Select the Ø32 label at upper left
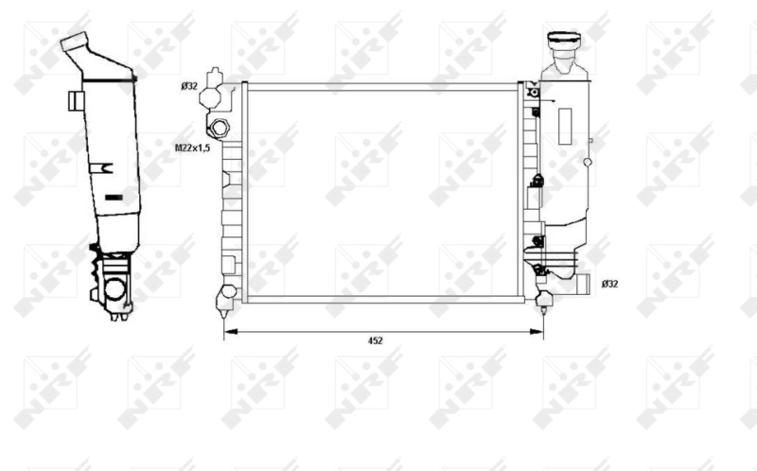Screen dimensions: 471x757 (x=189, y=87)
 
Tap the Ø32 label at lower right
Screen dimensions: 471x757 (x=610, y=283)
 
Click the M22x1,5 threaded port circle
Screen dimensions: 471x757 (x=220, y=128)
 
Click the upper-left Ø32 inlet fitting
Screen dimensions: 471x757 (x=217, y=90)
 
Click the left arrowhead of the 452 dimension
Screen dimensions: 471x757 (x=226, y=331)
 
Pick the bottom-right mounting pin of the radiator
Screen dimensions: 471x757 (x=544, y=299)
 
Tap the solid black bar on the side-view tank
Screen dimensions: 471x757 (x=114, y=197)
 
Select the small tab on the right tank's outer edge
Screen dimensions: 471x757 (x=591, y=143)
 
